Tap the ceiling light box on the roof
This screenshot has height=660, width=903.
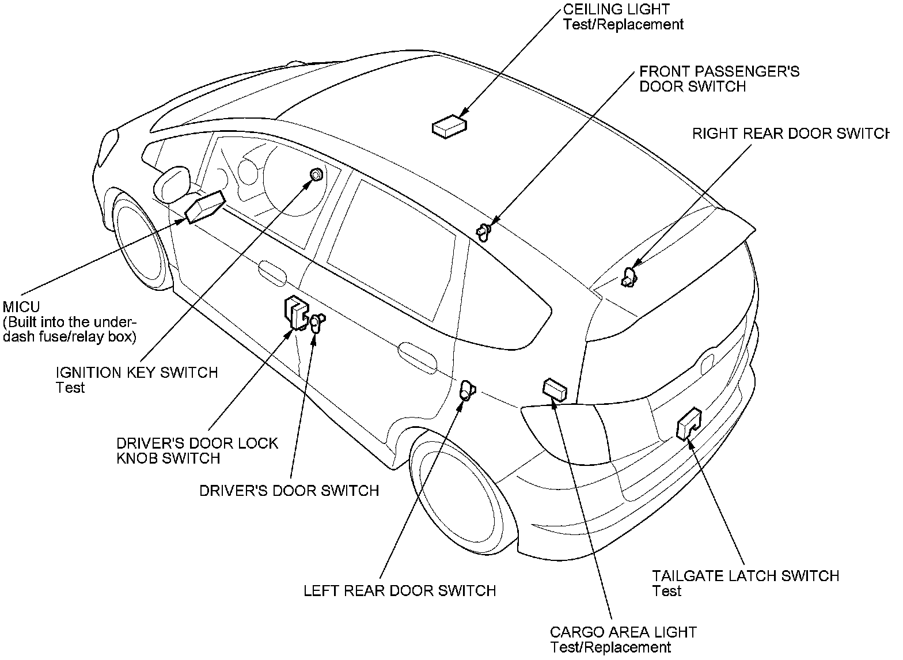click(449, 126)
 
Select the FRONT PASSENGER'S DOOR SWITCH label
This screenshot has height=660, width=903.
click(719, 78)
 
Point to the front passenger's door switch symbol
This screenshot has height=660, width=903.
click(484, 231)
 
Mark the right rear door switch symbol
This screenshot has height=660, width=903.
click(628, 279)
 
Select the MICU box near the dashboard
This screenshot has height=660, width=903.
click(204, 207)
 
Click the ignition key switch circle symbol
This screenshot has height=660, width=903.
click(316, 174)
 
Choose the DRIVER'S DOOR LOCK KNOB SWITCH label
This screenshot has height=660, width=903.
click(197, 450)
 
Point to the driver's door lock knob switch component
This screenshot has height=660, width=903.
click(295, 313)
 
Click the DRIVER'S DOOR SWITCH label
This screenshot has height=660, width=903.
click(289, 490)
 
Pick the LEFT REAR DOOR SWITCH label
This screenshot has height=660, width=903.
click(400, 590)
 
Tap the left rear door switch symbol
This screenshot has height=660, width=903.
click(466, 391)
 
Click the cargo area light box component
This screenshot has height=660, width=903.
click(555, 389)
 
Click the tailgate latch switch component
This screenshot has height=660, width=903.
click(689, 424)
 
